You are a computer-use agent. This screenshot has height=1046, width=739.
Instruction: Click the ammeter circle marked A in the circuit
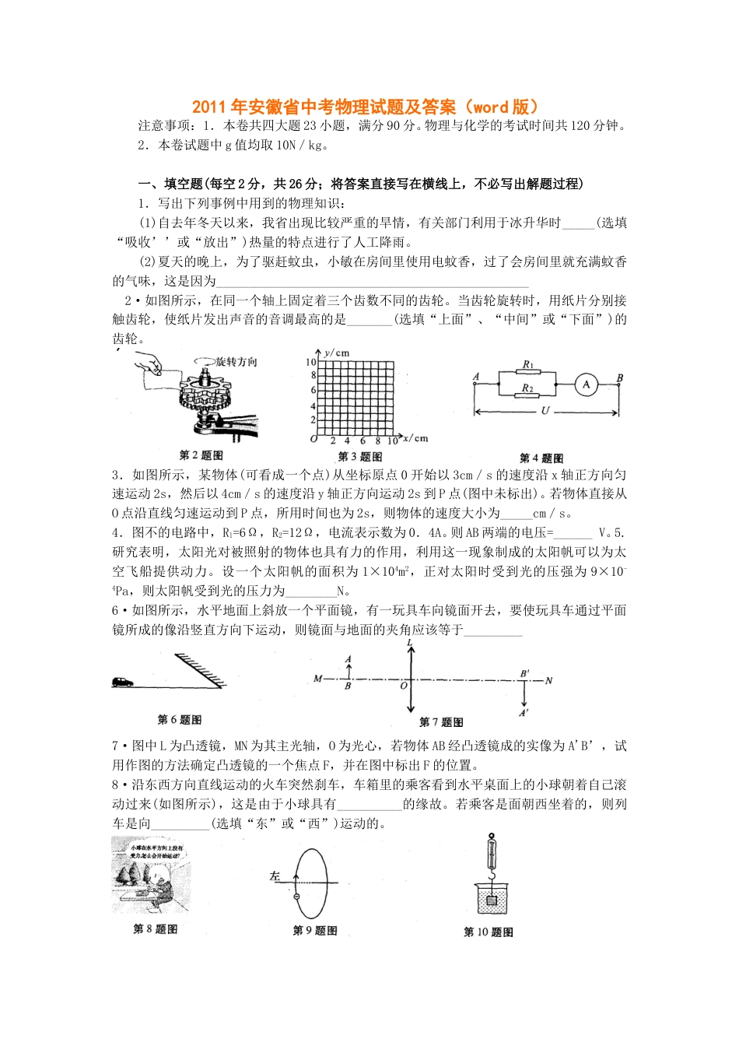coord(586,384)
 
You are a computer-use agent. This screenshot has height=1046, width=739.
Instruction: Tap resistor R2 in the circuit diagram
coord(528,397)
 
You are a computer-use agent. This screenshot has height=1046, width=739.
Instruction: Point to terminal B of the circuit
coord(620,378)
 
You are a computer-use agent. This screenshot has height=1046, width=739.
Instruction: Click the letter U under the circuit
coord(545,410)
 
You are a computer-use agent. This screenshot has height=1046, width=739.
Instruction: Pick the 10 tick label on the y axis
coord(311,362)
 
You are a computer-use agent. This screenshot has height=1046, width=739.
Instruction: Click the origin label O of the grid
coord(313,439)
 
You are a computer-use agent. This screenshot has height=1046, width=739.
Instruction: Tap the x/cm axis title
coord(415,438)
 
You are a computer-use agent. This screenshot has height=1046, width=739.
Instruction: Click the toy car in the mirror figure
coord(122,682)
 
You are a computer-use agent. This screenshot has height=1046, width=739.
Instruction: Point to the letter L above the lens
coord(410,643)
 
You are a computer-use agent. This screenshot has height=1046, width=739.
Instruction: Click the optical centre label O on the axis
coord(404,686)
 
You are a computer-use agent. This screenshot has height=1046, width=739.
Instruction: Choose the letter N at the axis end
coord(548,681)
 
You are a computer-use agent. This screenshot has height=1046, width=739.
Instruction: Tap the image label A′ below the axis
coord(524,711)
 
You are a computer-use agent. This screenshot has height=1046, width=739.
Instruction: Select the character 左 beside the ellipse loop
coord(275,876)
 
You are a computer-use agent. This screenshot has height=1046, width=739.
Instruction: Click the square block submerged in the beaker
coord(491,901)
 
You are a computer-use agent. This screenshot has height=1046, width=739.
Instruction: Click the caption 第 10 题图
coord(489,932)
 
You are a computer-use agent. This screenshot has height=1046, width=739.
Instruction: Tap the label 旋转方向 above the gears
coord(236,362)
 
